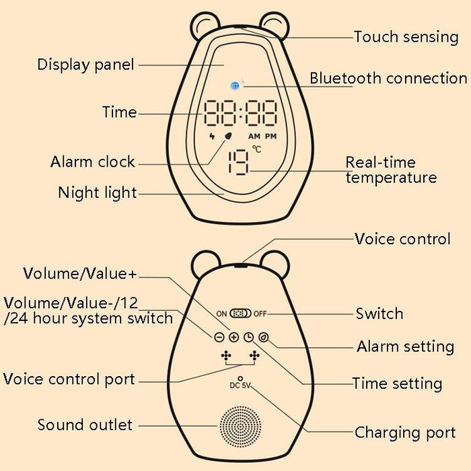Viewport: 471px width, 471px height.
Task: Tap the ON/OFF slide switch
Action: click(x=240, y=314)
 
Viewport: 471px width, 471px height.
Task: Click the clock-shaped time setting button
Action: click(x=248, y=337)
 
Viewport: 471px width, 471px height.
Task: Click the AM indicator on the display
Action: click(x=254, y=136)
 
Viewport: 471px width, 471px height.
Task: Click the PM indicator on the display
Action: click(x=270, y=136)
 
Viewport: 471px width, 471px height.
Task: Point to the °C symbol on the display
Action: click(x=256, y=149)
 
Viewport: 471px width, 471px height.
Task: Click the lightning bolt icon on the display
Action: click(x=213, y=136)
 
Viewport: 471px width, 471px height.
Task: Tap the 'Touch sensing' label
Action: click(x=406, y=36)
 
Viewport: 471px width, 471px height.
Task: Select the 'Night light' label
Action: click(x=97, y=193)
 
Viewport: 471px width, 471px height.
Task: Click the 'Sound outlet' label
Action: click(x=85, y=425)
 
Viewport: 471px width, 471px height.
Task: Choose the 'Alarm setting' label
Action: click(x=405, y=347)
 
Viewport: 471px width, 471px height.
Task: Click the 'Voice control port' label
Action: click(x=69, y=379)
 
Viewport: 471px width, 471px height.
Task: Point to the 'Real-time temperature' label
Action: click(x=390, y=170)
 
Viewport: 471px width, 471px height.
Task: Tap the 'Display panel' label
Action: click(x=85, y=65)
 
